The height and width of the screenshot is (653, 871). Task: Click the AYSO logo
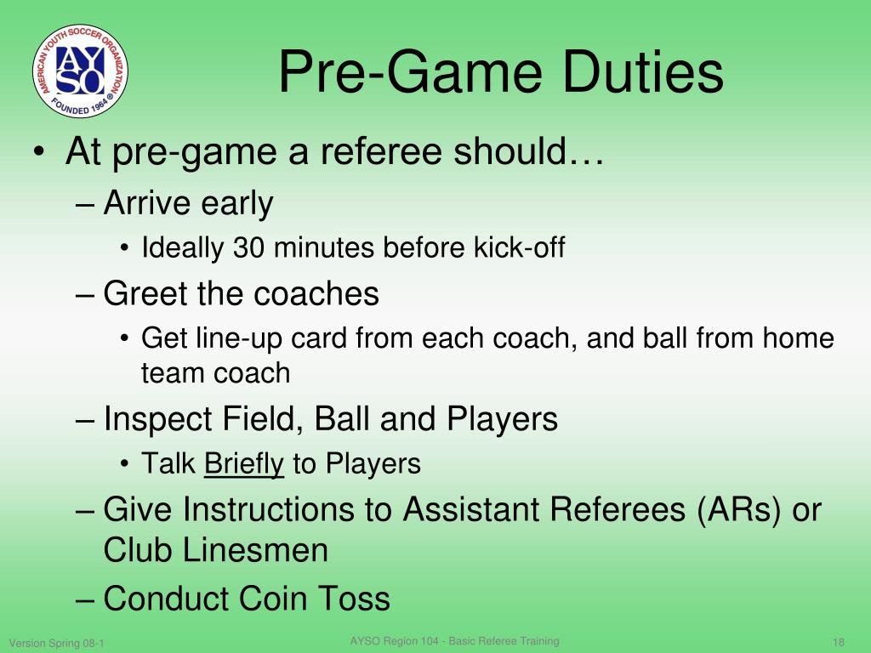[x=81, y=71]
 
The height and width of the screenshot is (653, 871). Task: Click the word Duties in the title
[x=643, y=71]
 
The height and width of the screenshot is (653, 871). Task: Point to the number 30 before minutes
[x=248, y=247]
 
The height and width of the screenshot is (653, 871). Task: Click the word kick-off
[x=520, y=247]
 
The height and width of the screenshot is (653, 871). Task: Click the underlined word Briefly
[x=244, y=464]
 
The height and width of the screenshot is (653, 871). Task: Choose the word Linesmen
[x=255, y=550]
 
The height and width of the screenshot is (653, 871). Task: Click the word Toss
[x=354, y=599]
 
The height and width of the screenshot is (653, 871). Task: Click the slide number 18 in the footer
[x=838, y=643]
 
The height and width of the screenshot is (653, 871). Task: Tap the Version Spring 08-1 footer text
[x=57, y=643]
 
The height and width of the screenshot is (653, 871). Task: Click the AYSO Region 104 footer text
[x=454, y=641]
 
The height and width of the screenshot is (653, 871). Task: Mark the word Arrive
[x=148, y=202]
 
